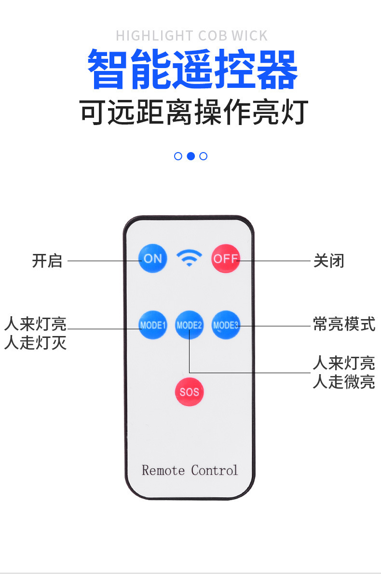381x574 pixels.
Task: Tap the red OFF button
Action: pyautogui.click(x=226, y=258)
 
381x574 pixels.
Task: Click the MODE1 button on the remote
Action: pyautogui.click(x=152, y=325)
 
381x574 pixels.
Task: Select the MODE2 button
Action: pyautogui.click(x=189, y=325)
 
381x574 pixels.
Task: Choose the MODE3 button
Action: pyautogui.click(x=226, y=325)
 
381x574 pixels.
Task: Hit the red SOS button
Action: pyautogui.click(x=189, y=392)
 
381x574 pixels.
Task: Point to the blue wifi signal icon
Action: pyautogui.click(x=189, y=258)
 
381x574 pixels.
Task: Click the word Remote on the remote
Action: pyautogui.click(x=163, y=470)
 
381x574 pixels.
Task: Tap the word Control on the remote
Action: pyautogui.click(x=214, y=470)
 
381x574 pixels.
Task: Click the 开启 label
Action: pyautogui.click(x=47, y=261)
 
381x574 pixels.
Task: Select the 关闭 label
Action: pyautogui.click(x=329, y=261)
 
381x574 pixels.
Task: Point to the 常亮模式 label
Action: pyautogui.click(x=344, y=324)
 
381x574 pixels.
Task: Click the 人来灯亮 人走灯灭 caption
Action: pyautogui.click(x=35, y=333)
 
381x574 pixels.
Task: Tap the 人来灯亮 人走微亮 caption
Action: pyautogui.click(x=344, y=372)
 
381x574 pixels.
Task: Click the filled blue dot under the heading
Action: pyautogui.click(x=190, y=156)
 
